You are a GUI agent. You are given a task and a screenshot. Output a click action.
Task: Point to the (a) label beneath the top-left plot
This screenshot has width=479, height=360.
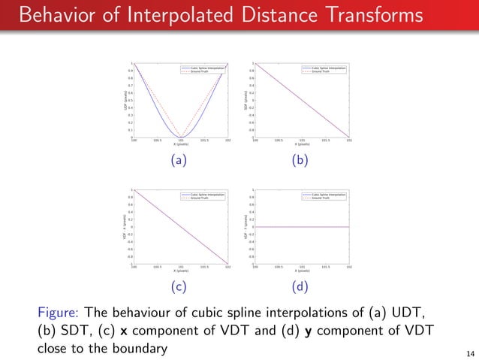click(x=179, y=160)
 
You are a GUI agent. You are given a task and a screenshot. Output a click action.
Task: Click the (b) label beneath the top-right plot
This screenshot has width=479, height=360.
click(x=300, y=160)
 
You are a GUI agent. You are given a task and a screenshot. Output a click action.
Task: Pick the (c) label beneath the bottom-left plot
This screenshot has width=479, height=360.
click(x=179, y=287)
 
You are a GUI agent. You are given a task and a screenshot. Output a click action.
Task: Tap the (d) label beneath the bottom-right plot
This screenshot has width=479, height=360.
click(x=300, y=287)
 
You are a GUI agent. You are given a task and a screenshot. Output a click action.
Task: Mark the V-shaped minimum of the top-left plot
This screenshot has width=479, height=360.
click(x=180, y=137)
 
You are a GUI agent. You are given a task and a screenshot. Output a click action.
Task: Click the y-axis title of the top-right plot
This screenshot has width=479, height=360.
click(x=246, y=100)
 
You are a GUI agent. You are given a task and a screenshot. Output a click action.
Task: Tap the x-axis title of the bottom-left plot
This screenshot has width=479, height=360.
click(x=180, y=271)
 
